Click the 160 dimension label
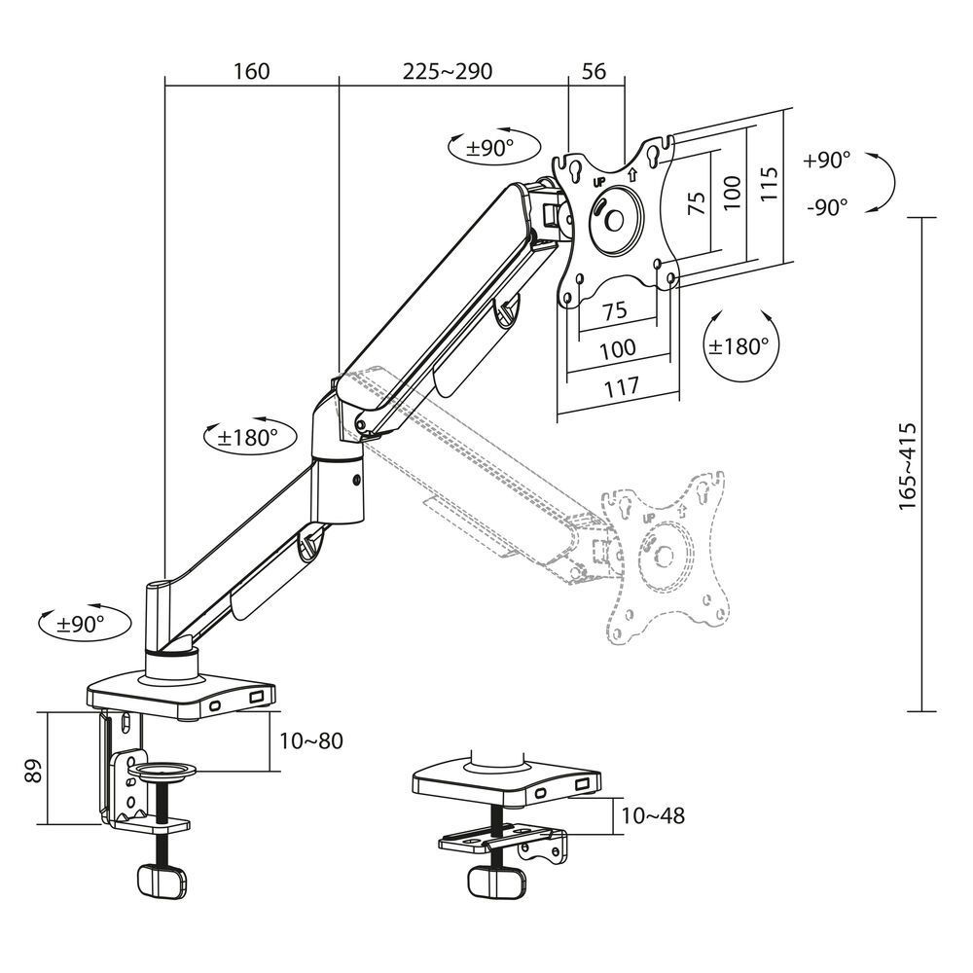click(251, 72)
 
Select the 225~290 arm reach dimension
click(448, 72)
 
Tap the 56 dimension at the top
click(594, 72)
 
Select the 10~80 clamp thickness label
click(309, 740)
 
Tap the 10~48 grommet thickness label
click(652, 815)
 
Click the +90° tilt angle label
click(827, 161)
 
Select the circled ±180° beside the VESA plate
click(739, 345)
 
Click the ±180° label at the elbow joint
click(249, 437)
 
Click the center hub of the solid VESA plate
click(614, 217)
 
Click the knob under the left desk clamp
click(162, 880)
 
